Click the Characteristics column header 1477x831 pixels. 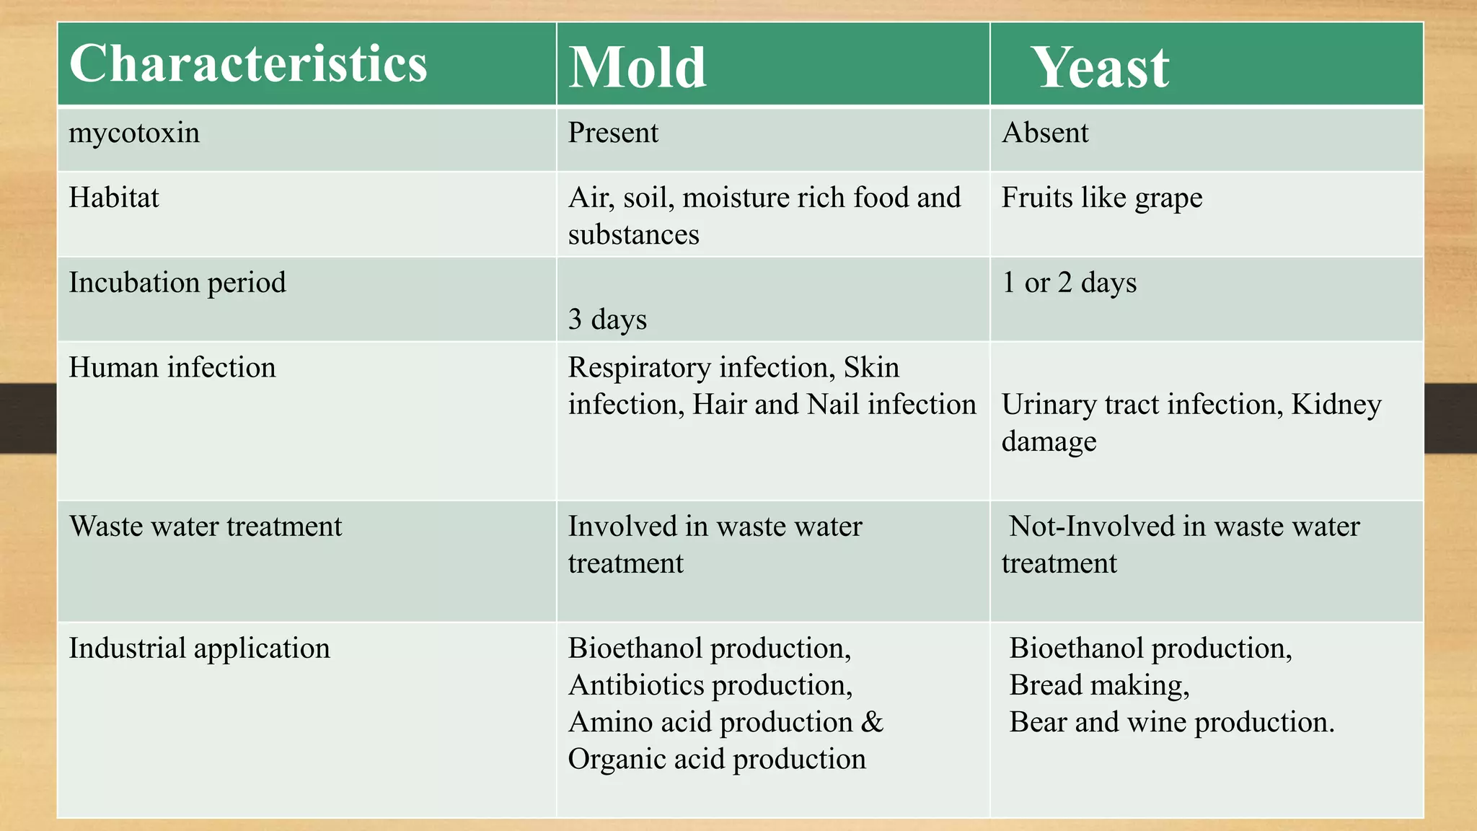coord(248,65)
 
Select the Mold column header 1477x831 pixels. coord(637,68)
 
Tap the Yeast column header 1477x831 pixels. coord(1101,68)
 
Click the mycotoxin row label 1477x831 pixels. coord(134,133)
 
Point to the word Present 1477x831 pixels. coord(613,133)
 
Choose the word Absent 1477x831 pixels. coord(1045,133)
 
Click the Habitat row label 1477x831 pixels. coord(114,198)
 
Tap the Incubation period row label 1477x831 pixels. coord(177,283)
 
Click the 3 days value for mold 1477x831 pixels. coord(607,320)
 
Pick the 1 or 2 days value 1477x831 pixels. coord(1069,283)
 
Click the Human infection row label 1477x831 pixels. coord(172,368)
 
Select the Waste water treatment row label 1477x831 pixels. coord(206,527)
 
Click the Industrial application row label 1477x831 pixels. coord(199,648)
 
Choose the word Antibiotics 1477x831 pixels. coord(642,685)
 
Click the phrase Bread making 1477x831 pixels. coord(1099,685)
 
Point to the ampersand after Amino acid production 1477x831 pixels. coord(872,722)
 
